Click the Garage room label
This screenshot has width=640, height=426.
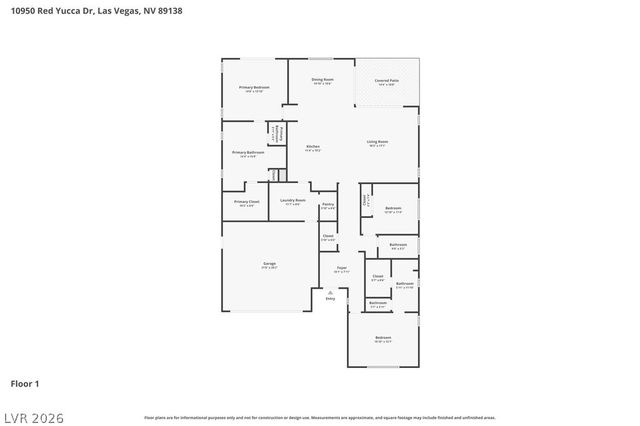coord(269,264)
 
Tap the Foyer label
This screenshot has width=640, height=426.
coord(341,268)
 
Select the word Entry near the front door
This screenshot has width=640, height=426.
coord(330,298)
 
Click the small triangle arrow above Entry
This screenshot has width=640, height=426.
coord(330,291)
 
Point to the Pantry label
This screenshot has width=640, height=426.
coord(327,205)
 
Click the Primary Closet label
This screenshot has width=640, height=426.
coord(247,203)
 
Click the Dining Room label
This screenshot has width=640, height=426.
coord(322,79)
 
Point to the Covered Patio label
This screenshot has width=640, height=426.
coord(386,80)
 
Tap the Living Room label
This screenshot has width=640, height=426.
coord(377,142)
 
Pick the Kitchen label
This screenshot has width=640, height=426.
coord(313,147)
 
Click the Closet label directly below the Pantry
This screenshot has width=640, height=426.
coord(327,236)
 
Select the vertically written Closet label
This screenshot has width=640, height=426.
coord(365,199)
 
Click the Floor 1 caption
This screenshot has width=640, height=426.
coord(24,383)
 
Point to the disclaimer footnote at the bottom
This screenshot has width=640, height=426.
coord(320,417)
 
